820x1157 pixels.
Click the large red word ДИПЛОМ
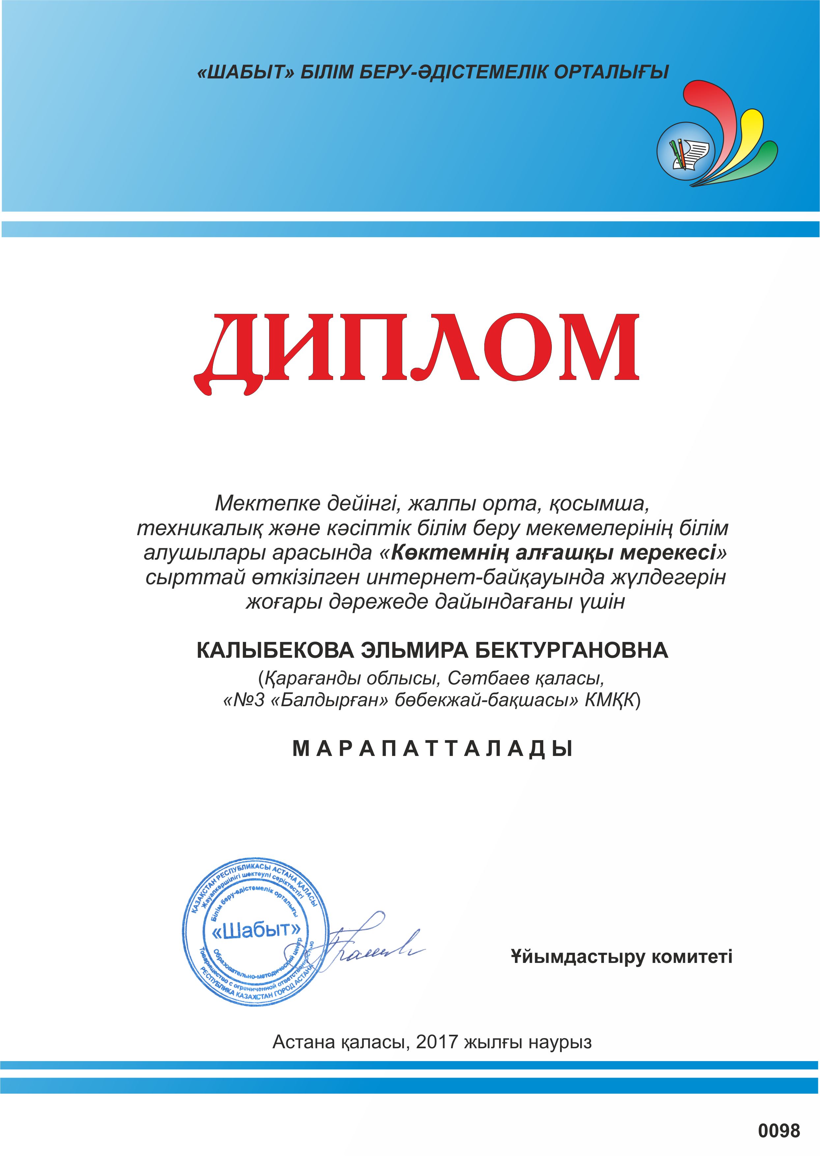pyautogui.click(x=417, y=354)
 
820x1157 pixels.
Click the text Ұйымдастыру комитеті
pyautogui.click(x=621, y=957)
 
